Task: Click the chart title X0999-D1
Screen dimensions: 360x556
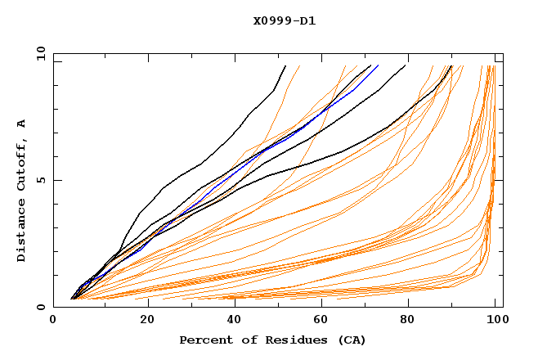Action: (x=284, y=20)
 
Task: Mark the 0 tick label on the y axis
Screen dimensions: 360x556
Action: (x=41, y=308)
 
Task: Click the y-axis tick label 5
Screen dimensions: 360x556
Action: (x=41, y=180)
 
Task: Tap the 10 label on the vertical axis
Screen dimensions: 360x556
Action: (x=38, y=53)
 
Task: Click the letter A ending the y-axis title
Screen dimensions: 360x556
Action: (x=21, y=124)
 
